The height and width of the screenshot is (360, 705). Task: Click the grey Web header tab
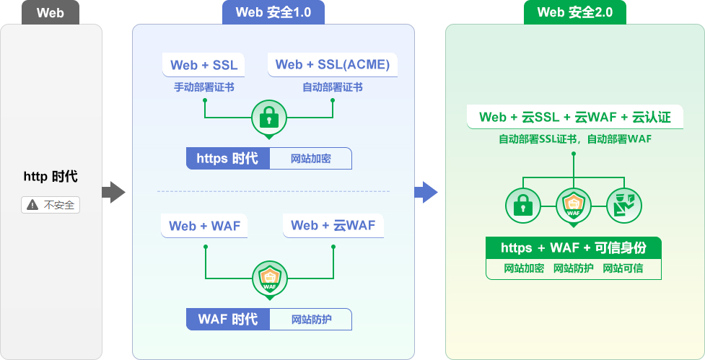(50, 12)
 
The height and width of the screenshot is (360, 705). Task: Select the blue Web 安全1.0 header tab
(273, 12)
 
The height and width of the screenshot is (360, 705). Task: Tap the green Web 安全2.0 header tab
(574, 12)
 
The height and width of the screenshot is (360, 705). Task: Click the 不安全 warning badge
(51, 205)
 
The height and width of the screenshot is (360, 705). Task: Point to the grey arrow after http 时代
(113, 192)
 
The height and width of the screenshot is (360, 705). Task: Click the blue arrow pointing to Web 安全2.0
(426, 192)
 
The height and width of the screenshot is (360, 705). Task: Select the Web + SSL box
(203, 65)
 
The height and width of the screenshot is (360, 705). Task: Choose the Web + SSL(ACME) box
(333, 65)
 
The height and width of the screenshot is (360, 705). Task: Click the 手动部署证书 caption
(203, 87)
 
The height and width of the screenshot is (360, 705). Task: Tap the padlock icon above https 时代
(268, 117)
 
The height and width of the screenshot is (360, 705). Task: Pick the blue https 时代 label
(227, 159)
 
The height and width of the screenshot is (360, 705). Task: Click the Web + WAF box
(203, 226)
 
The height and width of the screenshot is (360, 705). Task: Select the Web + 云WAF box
(333, 226)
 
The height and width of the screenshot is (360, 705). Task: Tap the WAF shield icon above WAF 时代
(269, 278)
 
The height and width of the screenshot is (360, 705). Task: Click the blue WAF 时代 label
(227, 319)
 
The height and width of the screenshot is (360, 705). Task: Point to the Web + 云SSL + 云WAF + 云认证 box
(574, 117)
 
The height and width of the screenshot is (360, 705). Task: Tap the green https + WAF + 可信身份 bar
(573, 248)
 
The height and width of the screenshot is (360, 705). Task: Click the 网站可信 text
(623, 268)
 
